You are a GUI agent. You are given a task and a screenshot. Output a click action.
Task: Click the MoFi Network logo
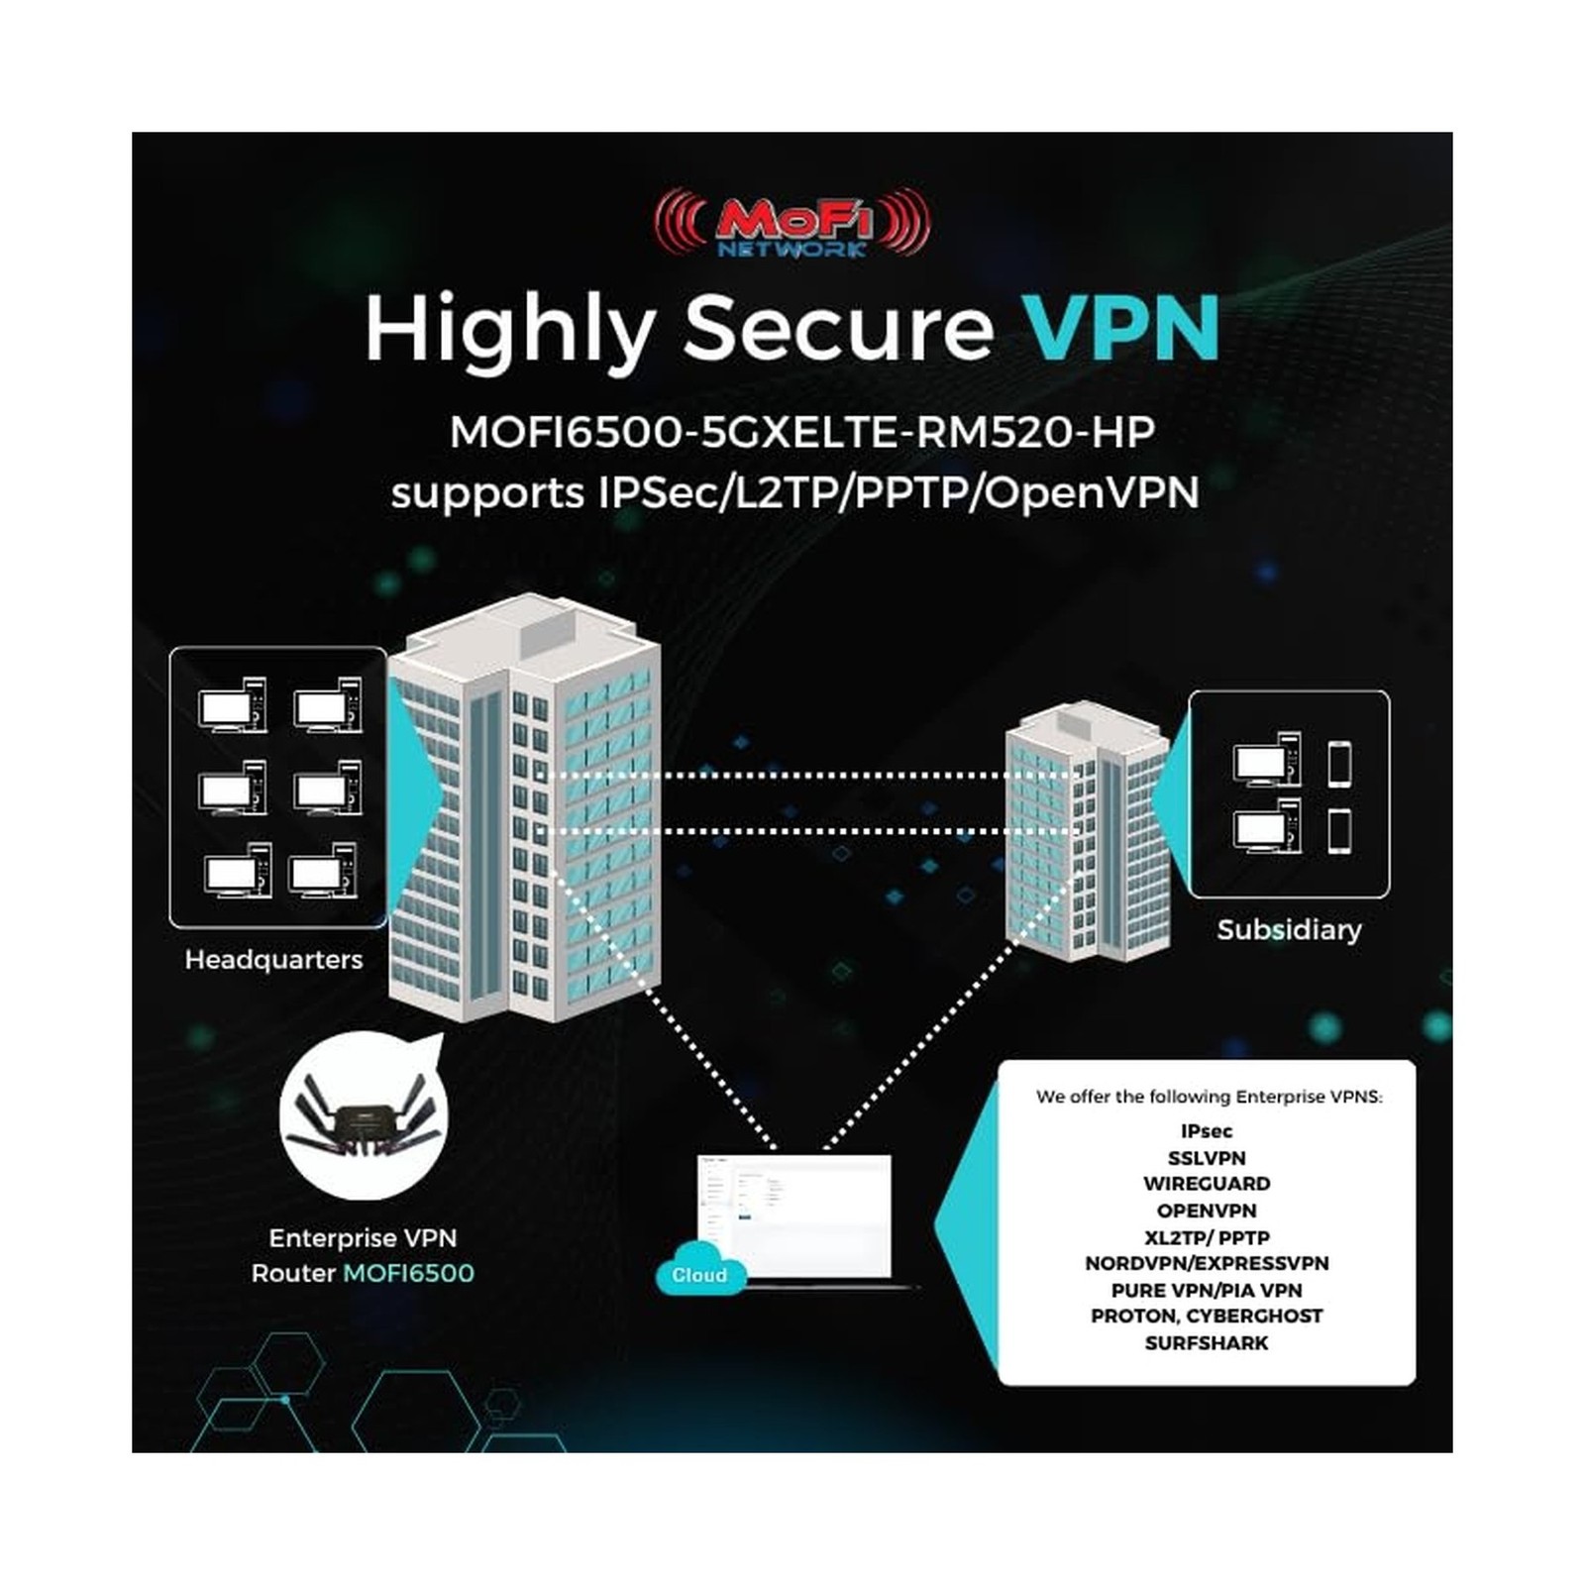click(x=792, y=224)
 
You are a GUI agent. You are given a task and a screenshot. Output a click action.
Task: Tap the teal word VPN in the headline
click(x=1120, y=327)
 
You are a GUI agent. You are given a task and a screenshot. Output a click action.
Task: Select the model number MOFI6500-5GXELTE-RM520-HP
click(x=802, y=432)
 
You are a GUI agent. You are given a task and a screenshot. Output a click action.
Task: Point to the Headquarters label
click(x=273, y=959)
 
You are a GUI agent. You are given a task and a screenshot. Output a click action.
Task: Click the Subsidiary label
click(x=1289, y=929)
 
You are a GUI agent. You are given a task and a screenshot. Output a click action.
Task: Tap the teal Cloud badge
click(x=698, y=1275)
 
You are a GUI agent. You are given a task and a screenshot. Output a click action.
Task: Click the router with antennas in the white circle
click(x=364, y=1120)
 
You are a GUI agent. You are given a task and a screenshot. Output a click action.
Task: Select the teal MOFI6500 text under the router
click(x=408, y=1273)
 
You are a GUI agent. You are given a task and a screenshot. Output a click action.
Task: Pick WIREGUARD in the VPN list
click(x=1207, y=1184)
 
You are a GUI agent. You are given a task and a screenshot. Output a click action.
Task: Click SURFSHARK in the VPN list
click(x=1207, y=1343)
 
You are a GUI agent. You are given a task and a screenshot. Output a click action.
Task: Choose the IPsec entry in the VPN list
click(x=1207, y=1131)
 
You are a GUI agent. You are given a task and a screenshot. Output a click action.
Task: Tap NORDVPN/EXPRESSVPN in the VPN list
click(x=1207, y=1263)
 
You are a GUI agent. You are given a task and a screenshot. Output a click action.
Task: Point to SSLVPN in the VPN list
click(x=1207, y=1158)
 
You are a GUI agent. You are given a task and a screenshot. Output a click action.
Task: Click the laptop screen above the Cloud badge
click(x=794, y=1214)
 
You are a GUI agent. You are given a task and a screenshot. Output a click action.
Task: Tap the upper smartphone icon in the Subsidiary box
click(x=1339, y=764)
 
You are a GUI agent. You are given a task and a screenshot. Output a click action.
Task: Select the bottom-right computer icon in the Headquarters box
click(x=323, y=872)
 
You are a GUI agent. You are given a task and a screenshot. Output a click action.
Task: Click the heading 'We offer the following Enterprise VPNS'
click(x=1209, y=1097)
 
